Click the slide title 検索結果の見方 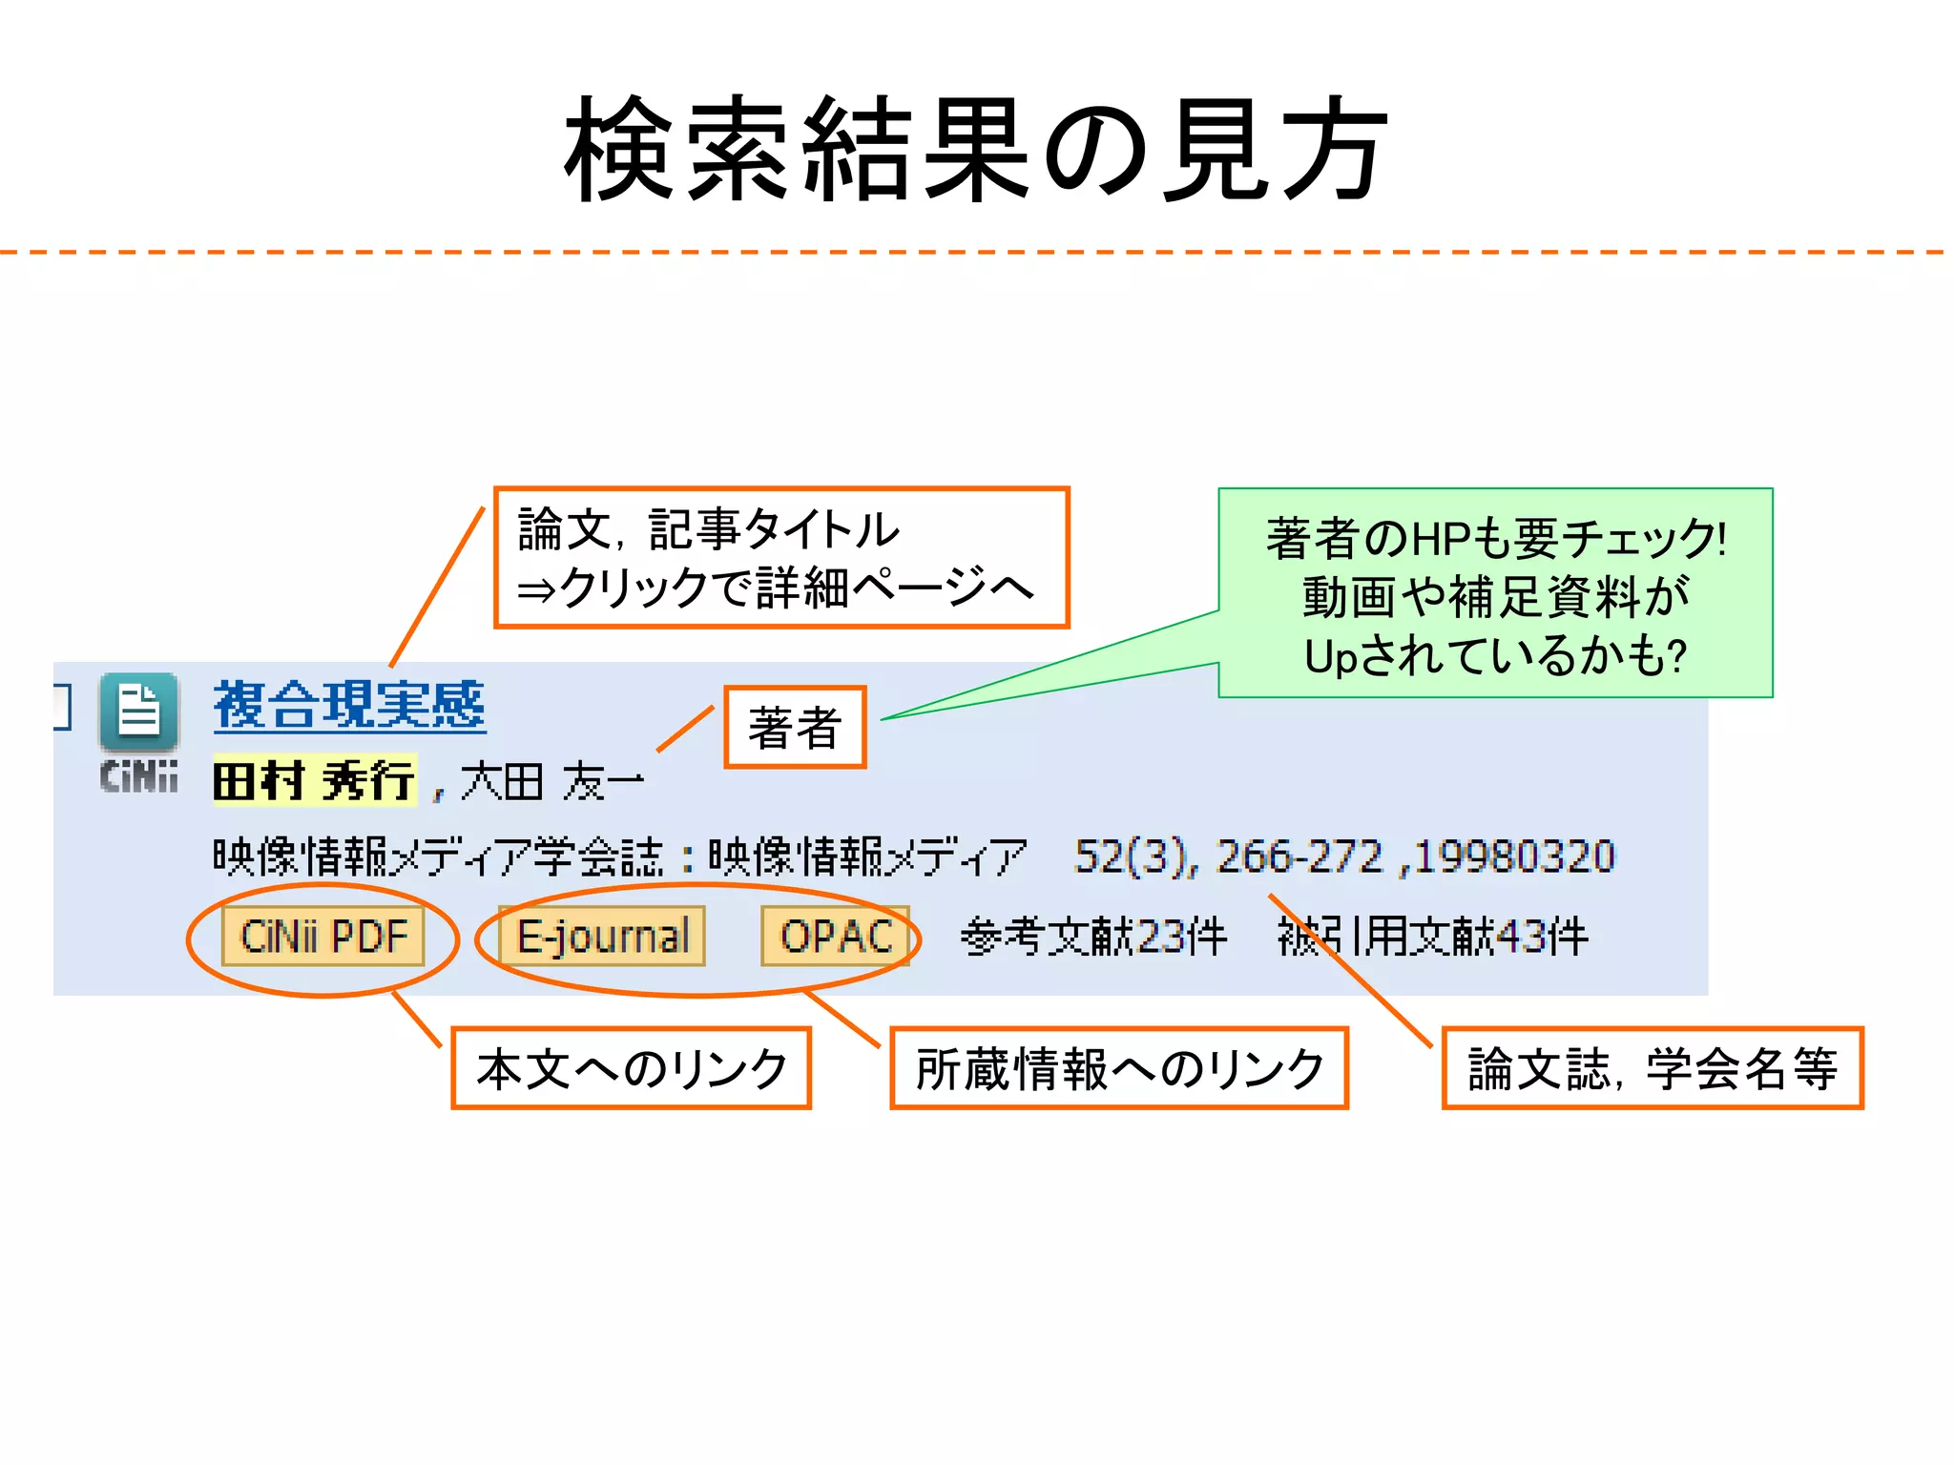click(x=975, y=151)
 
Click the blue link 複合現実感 click(x=349, y=707)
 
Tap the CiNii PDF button click(x=323, y=937)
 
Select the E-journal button click(x=602, y=937)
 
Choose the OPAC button click(x=836, y=937)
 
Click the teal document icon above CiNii click(x=139, y=712)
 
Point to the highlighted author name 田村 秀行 click(x=315, y=781)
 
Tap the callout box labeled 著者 click(x=795, y=728)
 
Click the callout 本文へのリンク click(x=631, y=1068)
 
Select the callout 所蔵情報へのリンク click(x=1118, y=1068)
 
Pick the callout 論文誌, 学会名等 click(x=1652, y=1068)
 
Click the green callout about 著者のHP click(x=1495, y=594)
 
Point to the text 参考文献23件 click(x=1093, y=937)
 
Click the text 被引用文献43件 click(x=1433, y=937)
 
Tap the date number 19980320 click(x=1515, y=856)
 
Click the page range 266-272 click(x=1299, y=856)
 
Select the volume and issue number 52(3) click(x=1132, y=856)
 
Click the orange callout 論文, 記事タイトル click(x=781, y=558)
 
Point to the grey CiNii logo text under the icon click(x=139, y=776)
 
